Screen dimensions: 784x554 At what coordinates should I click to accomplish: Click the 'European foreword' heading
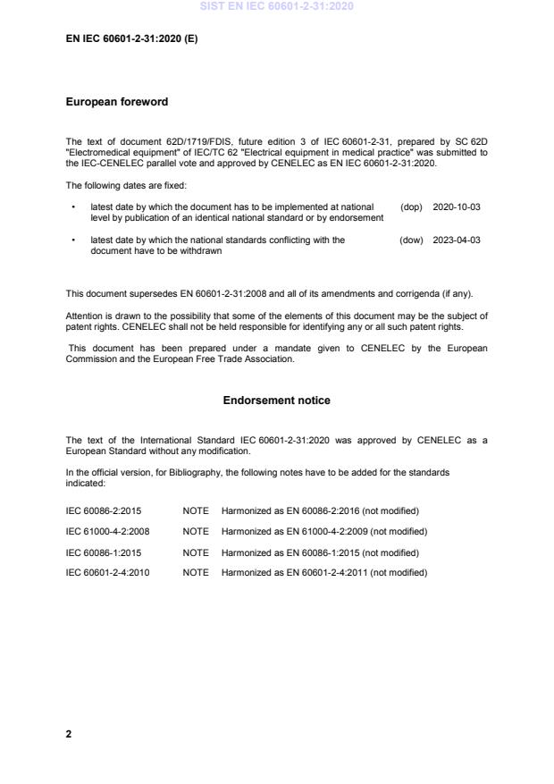click(117, 102)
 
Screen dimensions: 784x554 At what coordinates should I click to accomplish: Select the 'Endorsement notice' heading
click(276, 400)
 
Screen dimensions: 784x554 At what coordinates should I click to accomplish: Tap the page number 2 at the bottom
click(69, 734)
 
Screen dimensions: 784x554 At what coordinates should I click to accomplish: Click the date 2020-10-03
click(456, 207)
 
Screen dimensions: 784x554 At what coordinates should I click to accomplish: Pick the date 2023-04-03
click(456, 240)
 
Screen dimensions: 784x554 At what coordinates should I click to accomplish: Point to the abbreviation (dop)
click(411, 207)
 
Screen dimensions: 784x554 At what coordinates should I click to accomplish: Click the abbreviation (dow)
click(411, 240)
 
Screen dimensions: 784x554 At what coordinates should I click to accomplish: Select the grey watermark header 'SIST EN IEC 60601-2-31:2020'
click(276, 6)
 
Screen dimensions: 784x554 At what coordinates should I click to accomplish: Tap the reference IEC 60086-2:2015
click(104, 510)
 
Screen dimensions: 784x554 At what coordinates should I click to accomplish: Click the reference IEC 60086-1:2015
click(104, 552)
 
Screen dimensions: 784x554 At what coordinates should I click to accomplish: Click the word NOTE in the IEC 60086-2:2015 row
click(195, 510)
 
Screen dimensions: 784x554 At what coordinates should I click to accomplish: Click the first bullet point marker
click(72, 207)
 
